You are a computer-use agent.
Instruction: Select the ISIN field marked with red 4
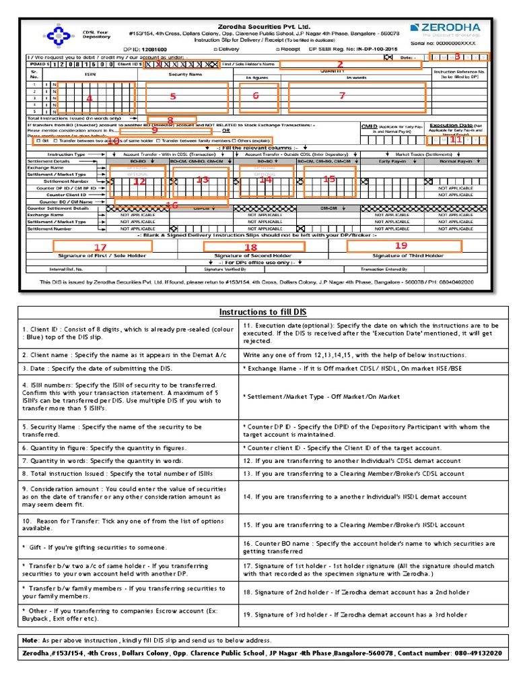click(x=96, y=98)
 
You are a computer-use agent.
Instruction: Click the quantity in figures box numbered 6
click(x=256, y=97)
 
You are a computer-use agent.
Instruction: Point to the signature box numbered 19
click(x=404, y=246)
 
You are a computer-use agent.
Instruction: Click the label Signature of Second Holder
click(x=252, y=256)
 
